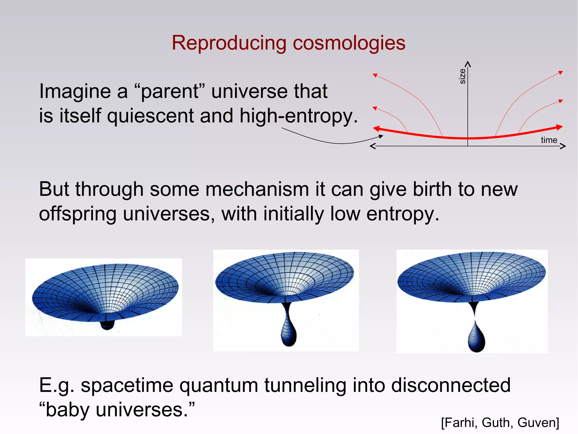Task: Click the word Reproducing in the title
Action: [229, 43]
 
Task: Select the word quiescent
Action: [150, 116]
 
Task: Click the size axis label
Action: [462, 76]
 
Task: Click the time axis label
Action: [549, 140]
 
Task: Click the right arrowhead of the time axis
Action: [563, 146]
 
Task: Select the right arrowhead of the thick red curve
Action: [559, 127]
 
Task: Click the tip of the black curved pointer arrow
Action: [382, 137]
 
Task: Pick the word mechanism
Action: [257, 189]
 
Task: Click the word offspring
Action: [78, 214]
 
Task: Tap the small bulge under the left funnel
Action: [107, 325]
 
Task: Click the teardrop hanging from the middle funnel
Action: [289, 335]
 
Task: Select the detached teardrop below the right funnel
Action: [476, 339]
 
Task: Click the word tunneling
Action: [305, 385]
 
